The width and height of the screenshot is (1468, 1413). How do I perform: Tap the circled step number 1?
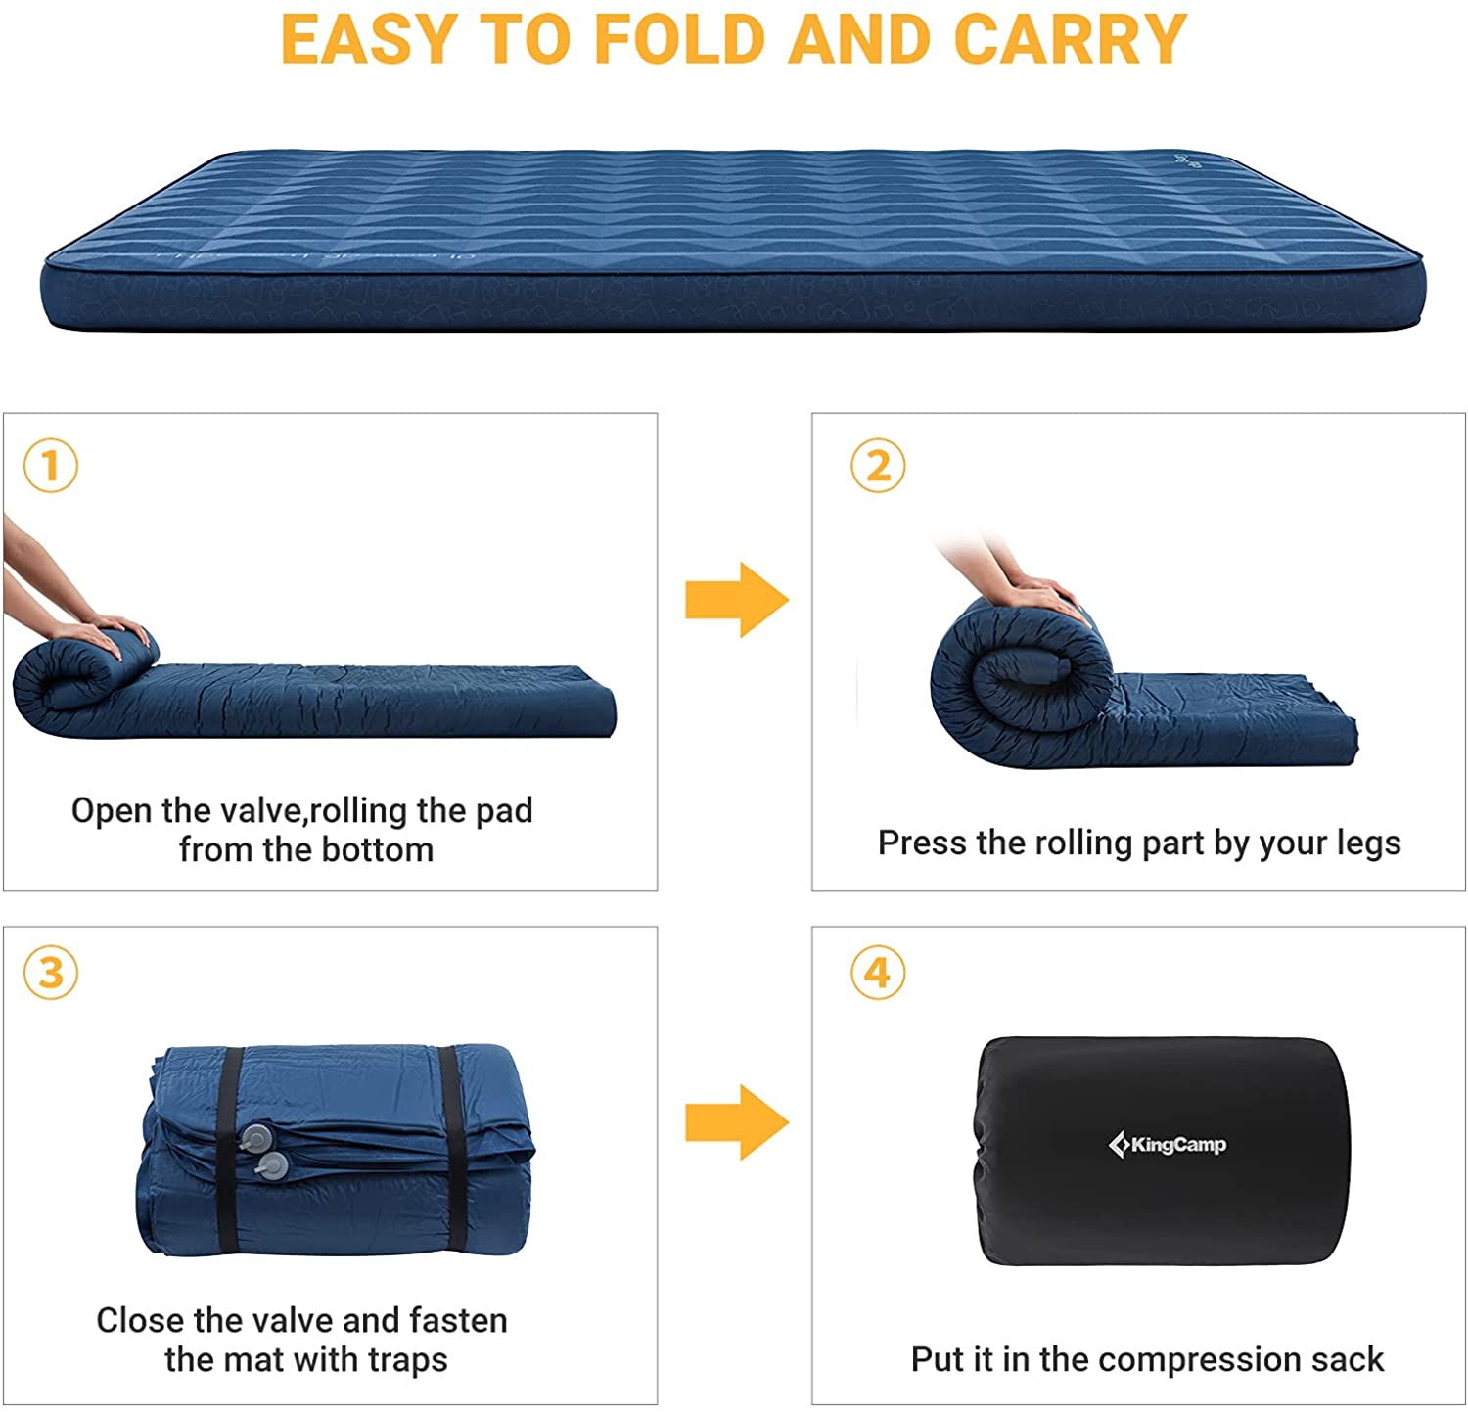(x=50, y=466)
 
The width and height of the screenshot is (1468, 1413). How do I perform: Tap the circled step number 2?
(x=878, y=466)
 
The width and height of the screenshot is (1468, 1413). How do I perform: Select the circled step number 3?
(x=50, y=973)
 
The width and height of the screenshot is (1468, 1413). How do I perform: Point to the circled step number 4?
(x=878, y=973)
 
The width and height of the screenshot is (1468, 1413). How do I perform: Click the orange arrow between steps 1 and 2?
(x=736, y=600)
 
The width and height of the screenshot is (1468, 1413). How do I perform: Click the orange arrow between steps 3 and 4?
(x=736, y=1121)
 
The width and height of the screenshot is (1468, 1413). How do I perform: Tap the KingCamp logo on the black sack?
(x=1167, y=1144)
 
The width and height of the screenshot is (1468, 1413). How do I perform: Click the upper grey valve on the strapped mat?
(x=256, y=1137)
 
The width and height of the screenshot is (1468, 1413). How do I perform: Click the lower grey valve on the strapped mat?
(x=273, y=1164)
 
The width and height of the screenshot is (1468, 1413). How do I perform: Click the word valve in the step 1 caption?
(x=256, y=810)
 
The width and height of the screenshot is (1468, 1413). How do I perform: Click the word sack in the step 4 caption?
(x=1351, y=1360)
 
